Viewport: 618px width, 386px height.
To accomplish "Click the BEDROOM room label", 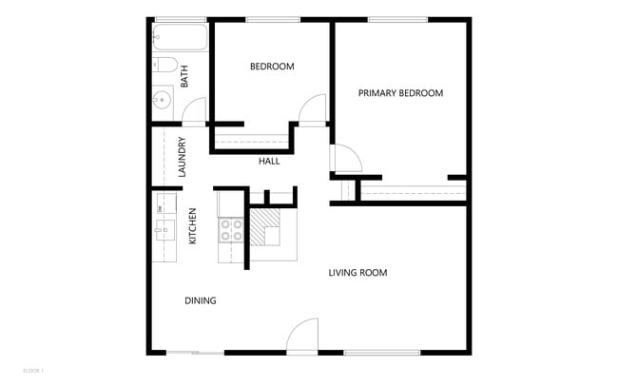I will click(272, 67).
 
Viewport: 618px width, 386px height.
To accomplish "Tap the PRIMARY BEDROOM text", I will click(400, 93).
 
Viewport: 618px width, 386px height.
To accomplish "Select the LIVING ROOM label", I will click(357, 273).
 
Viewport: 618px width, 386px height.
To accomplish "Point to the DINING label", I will click(201, 300).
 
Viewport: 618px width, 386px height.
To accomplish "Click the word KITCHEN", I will click(193, 226).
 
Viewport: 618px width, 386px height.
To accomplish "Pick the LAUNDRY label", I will click(181, 159).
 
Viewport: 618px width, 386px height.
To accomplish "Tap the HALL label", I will click(269, 162).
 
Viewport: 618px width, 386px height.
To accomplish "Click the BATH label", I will click(184, 75).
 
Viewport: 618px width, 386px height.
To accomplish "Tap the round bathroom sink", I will click(162, 98).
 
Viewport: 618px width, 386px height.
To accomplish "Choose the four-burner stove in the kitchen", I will click(232, 230).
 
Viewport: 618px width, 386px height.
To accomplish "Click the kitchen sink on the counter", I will click(163, 228).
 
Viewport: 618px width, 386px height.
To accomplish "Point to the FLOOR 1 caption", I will click(33, 369).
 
